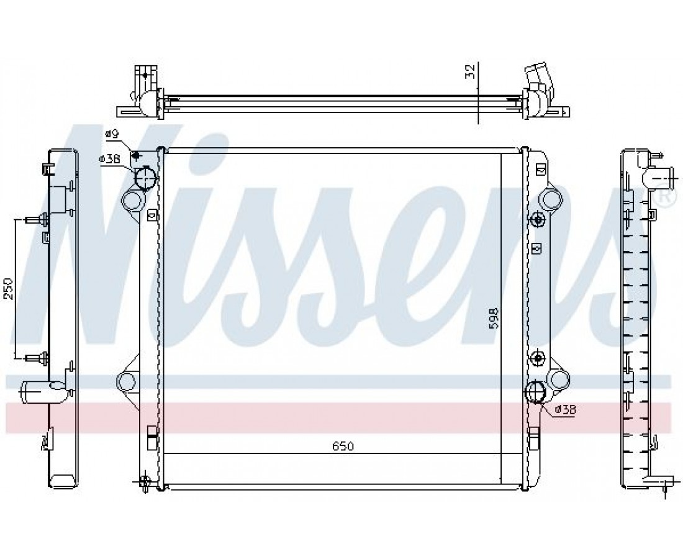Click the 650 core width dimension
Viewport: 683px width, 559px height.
[x=343, y=446]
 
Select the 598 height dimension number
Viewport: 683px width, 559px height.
[x=493, y=319]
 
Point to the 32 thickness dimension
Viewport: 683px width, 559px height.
[x=469, y=70]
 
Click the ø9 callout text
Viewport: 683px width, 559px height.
[x=112, y=134]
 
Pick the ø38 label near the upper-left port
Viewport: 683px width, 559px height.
[x=110, y=160]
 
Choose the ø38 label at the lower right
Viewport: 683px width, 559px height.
[x=566, y=409]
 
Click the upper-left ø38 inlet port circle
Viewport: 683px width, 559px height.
[x=145, y=179]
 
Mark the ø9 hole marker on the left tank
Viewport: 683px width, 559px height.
[x=136, y=156]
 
